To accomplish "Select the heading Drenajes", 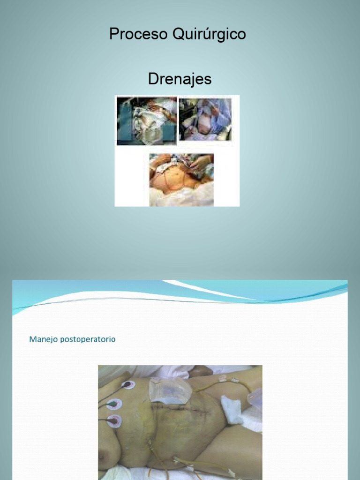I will (180, 79).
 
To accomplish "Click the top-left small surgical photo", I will (147, 120).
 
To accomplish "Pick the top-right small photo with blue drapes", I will (205, 120).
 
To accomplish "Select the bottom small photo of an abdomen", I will (181, 180).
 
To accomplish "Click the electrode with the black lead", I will (127, 385).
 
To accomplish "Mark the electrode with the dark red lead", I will (114, 421).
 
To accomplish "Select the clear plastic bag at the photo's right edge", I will (255, 398).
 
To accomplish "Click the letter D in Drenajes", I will (153, 79).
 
